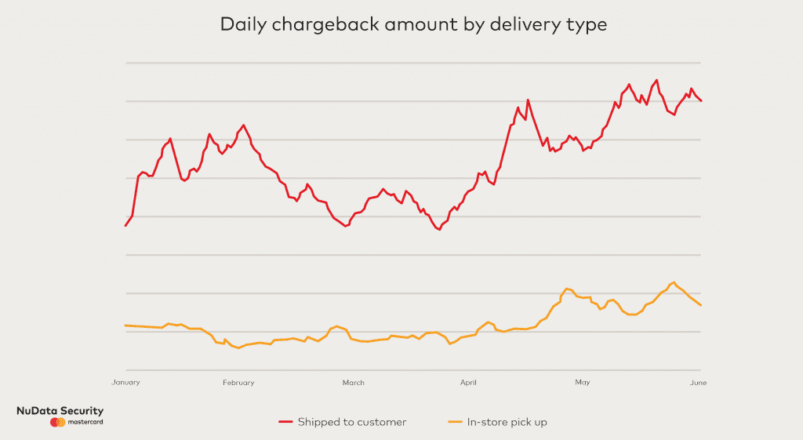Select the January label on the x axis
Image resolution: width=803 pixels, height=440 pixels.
point(125,383)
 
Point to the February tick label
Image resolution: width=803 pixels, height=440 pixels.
point(238,383)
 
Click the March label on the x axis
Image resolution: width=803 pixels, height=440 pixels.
point(353,383)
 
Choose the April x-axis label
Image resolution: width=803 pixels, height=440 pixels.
point(468,383)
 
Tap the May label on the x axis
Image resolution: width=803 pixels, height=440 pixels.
point(582,383)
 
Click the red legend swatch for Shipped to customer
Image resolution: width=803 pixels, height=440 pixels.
point(285,423)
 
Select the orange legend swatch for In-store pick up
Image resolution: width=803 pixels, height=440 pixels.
point(454,423)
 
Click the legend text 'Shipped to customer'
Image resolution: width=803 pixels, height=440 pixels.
point(352,422)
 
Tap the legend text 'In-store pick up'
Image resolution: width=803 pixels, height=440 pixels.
point(507,422)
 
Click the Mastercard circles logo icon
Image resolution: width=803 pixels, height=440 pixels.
point(57,423)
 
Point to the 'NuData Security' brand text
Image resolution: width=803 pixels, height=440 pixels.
point(60,411)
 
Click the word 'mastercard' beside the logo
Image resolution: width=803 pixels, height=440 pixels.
point(85,423)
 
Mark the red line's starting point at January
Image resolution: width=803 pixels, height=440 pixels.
point(125,226)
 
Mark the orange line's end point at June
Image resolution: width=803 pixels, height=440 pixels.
point(700,305)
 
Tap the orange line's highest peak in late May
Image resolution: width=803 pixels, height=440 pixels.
point(673,282)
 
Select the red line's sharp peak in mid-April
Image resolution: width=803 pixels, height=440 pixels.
point(528,100)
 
